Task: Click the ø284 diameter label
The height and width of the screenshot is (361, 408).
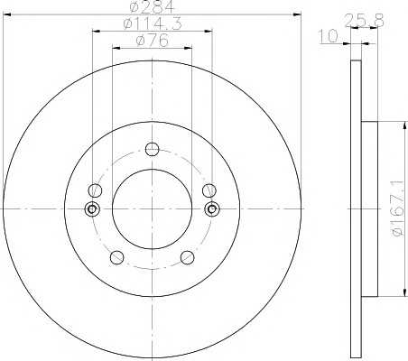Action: [x=152, y=6]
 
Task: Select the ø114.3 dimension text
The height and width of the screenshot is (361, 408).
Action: [x=153, y=23]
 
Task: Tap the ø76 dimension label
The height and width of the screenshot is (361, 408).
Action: [x=153, y=41]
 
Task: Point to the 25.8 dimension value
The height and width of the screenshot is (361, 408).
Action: [x=364, y=21]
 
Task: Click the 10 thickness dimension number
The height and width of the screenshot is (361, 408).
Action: [x=329, y=37]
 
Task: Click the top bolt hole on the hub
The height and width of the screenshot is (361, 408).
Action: [x=152, y=149]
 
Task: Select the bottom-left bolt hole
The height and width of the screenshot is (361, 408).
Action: [x=116, y=257]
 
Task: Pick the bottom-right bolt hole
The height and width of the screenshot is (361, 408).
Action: [x=188, y=257]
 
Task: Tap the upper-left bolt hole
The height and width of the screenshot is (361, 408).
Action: [x=95, y=190]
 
